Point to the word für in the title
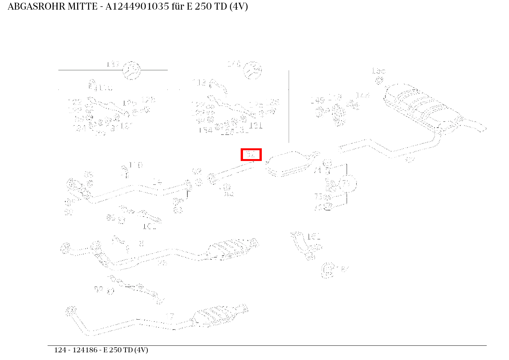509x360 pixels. [178, 7]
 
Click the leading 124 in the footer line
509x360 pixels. [59, 350]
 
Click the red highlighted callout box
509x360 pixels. [251, 154]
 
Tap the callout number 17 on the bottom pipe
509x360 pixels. [170, 317]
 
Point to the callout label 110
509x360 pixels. [136, 165]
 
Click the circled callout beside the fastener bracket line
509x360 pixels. [348, 184]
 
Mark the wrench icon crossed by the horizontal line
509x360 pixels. [131, 70]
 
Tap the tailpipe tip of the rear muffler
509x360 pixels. [482, 128]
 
